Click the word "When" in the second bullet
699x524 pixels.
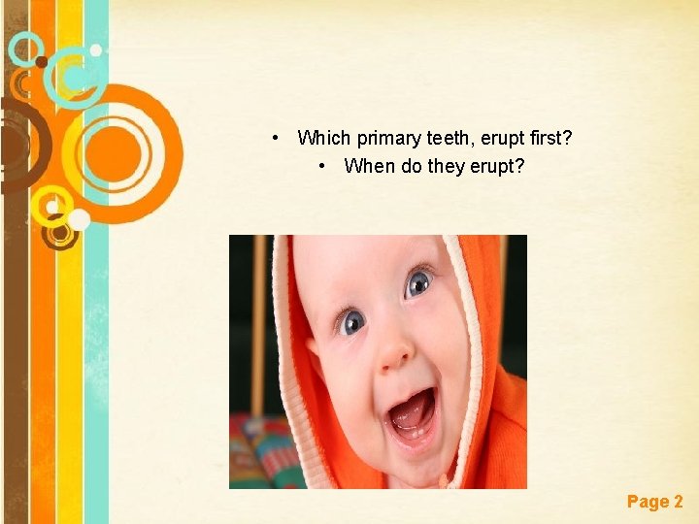370,166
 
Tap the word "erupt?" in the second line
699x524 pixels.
497,166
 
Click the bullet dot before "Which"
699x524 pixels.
278,139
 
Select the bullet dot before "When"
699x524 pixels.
323,166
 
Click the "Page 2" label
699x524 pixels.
654,502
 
